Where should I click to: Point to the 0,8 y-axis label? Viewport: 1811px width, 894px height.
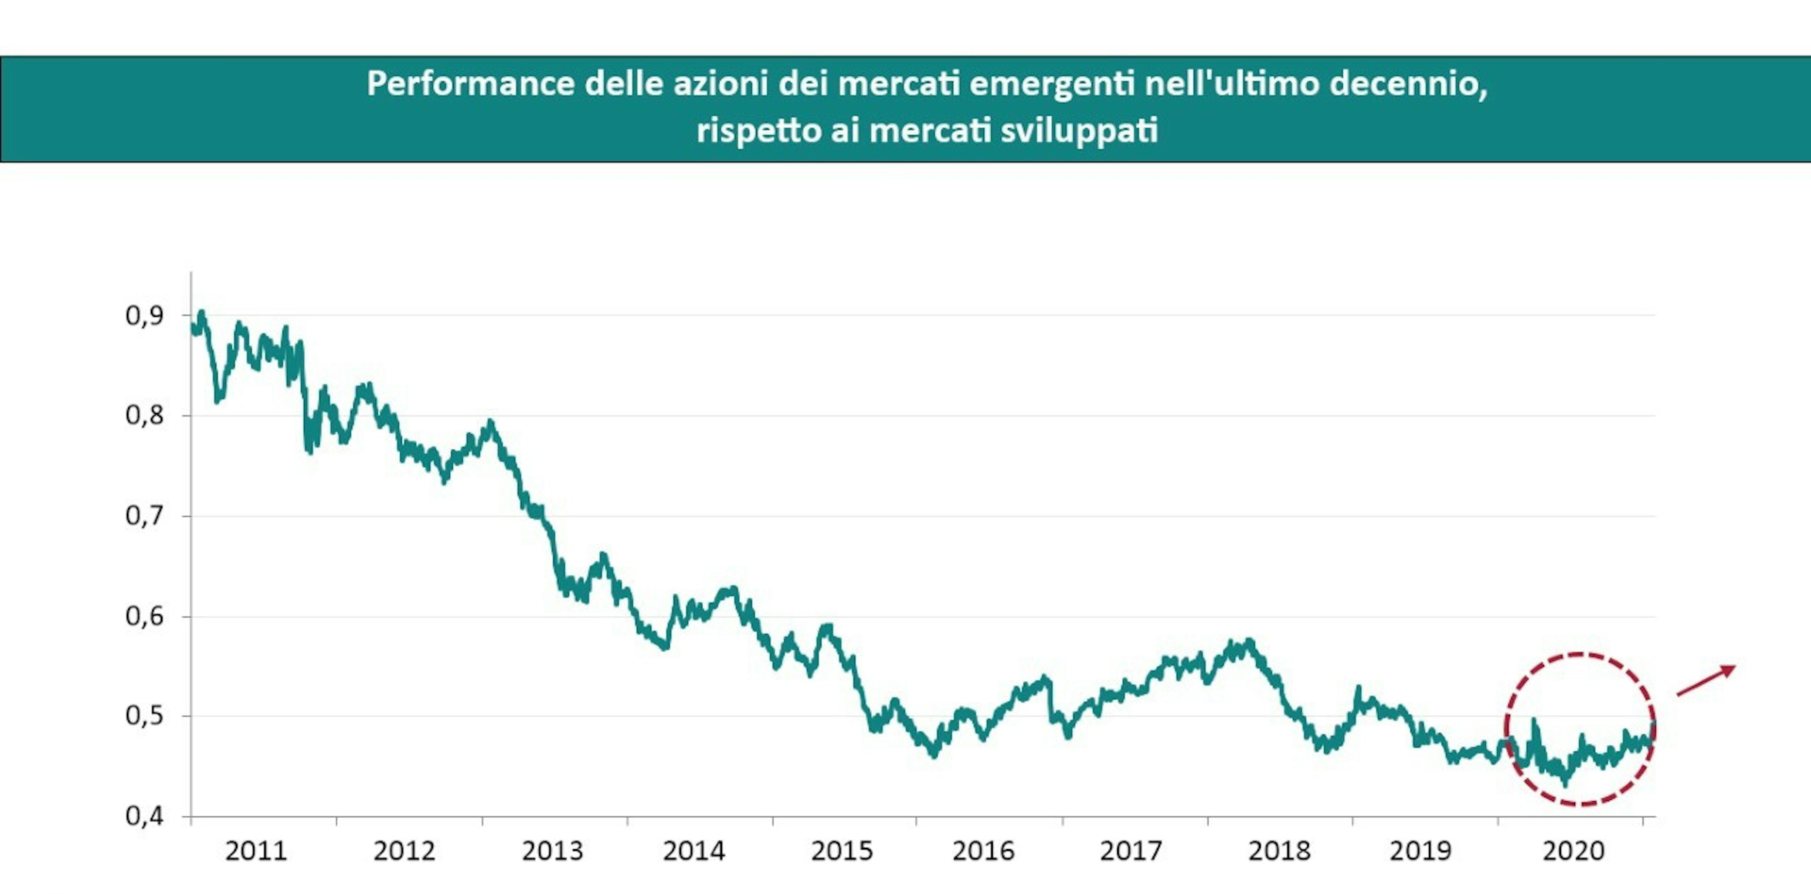pyautogui.click(x=144, y=415)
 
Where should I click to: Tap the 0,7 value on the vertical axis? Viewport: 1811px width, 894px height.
pyautogui.click(x=144, y=516)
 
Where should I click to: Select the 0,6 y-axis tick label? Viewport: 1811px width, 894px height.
pyautogui.click(x=144, y=616)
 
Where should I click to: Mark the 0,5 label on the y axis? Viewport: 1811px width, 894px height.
pyautogui.click(x=144, y=716)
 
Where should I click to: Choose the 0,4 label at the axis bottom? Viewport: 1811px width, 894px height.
pyautogui.click(x=144, y=816)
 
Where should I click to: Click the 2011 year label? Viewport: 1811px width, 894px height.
pyautogui.click(x=256, y=851)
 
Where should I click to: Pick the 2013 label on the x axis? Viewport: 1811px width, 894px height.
pyautogui.click(x=553, y=851)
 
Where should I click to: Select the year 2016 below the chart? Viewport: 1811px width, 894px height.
pyautogui.click(x=983, y=851)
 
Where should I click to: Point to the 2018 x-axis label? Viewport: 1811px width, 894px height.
pyautogui.click(x=1279, y=851)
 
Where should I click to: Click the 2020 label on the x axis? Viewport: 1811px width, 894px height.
pyautogui.click(x=1573, y=851)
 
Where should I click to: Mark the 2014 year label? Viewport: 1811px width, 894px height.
pyautogui.click(x=693, y=851)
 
